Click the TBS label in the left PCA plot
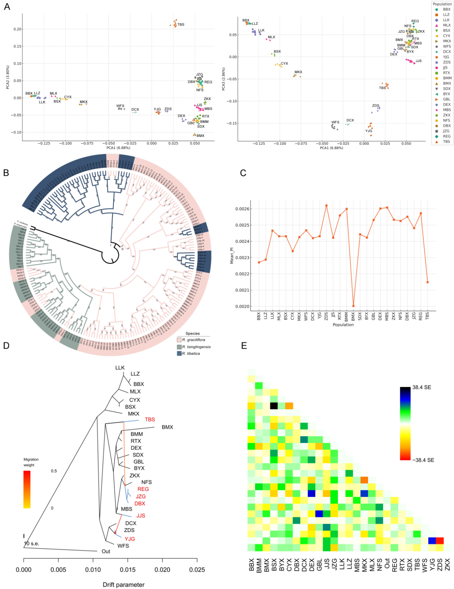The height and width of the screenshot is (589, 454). (181, 25)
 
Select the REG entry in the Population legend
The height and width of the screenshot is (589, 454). (446, 136)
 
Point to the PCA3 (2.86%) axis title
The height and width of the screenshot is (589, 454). (224, 79)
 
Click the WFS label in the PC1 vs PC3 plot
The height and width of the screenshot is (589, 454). (335, 123)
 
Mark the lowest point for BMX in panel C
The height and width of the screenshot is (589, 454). (353, 306)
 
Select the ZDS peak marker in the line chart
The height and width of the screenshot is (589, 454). (326, 206)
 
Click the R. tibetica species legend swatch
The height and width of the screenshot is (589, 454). (179, 353)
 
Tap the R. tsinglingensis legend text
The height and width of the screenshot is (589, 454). (196, 347)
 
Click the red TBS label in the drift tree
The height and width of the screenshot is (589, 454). (150, 419)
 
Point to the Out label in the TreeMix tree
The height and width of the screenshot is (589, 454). (106, 551)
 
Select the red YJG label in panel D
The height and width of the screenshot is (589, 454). (130, 539)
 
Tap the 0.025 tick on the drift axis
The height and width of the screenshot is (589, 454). (197, 570)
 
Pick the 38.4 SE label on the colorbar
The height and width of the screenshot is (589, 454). (422, 387)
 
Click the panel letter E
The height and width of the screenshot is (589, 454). (244, 346)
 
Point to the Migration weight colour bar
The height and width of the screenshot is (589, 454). (27, 489)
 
